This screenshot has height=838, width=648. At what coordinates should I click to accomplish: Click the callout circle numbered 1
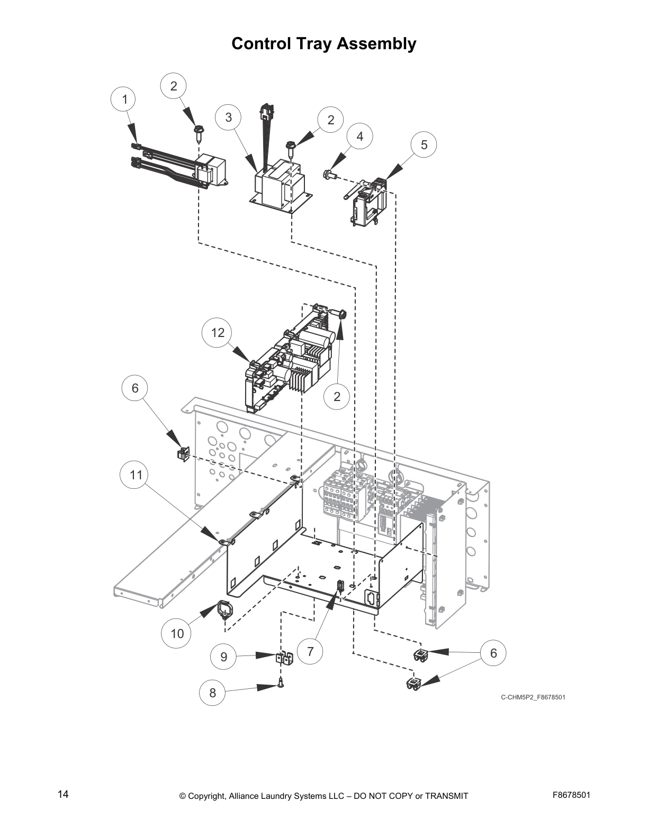pyautogui.click(x=124, y=99)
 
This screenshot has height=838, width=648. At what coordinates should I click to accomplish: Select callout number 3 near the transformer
pyautogui.click(x=228, y=117)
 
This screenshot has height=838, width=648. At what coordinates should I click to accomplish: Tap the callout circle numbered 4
pyautogui.click(x=360, y=136)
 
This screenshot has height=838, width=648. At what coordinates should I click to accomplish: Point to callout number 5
pyautogui.click(x=424, y=144)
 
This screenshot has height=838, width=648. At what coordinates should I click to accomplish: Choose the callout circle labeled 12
pyautogui.click(x=218, y=333)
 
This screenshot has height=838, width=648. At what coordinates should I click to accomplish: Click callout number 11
pyautogui.click(x=137, y=475)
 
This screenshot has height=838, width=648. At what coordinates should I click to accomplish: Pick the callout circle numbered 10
pyautogui.click(x=177, y=633)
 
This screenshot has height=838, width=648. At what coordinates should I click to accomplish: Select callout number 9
pyautogui.click(x=223, y=657)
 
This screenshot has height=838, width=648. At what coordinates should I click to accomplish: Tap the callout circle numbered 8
pyautogui.click(x=212, y=693)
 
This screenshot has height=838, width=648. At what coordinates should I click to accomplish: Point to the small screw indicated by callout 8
pyautogui.click(x=281, y=685)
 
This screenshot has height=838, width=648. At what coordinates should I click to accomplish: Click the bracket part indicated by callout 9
pyautogui.click(x=284, y=659)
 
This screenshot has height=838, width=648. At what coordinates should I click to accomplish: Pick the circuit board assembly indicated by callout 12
pyautogui.click(x=291, y=360)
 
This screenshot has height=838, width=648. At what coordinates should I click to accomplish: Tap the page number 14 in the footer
pyautogui.click(x=63, y=794)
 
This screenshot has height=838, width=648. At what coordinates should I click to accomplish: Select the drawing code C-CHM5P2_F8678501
pyautogui.click(x=533, y=697)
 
